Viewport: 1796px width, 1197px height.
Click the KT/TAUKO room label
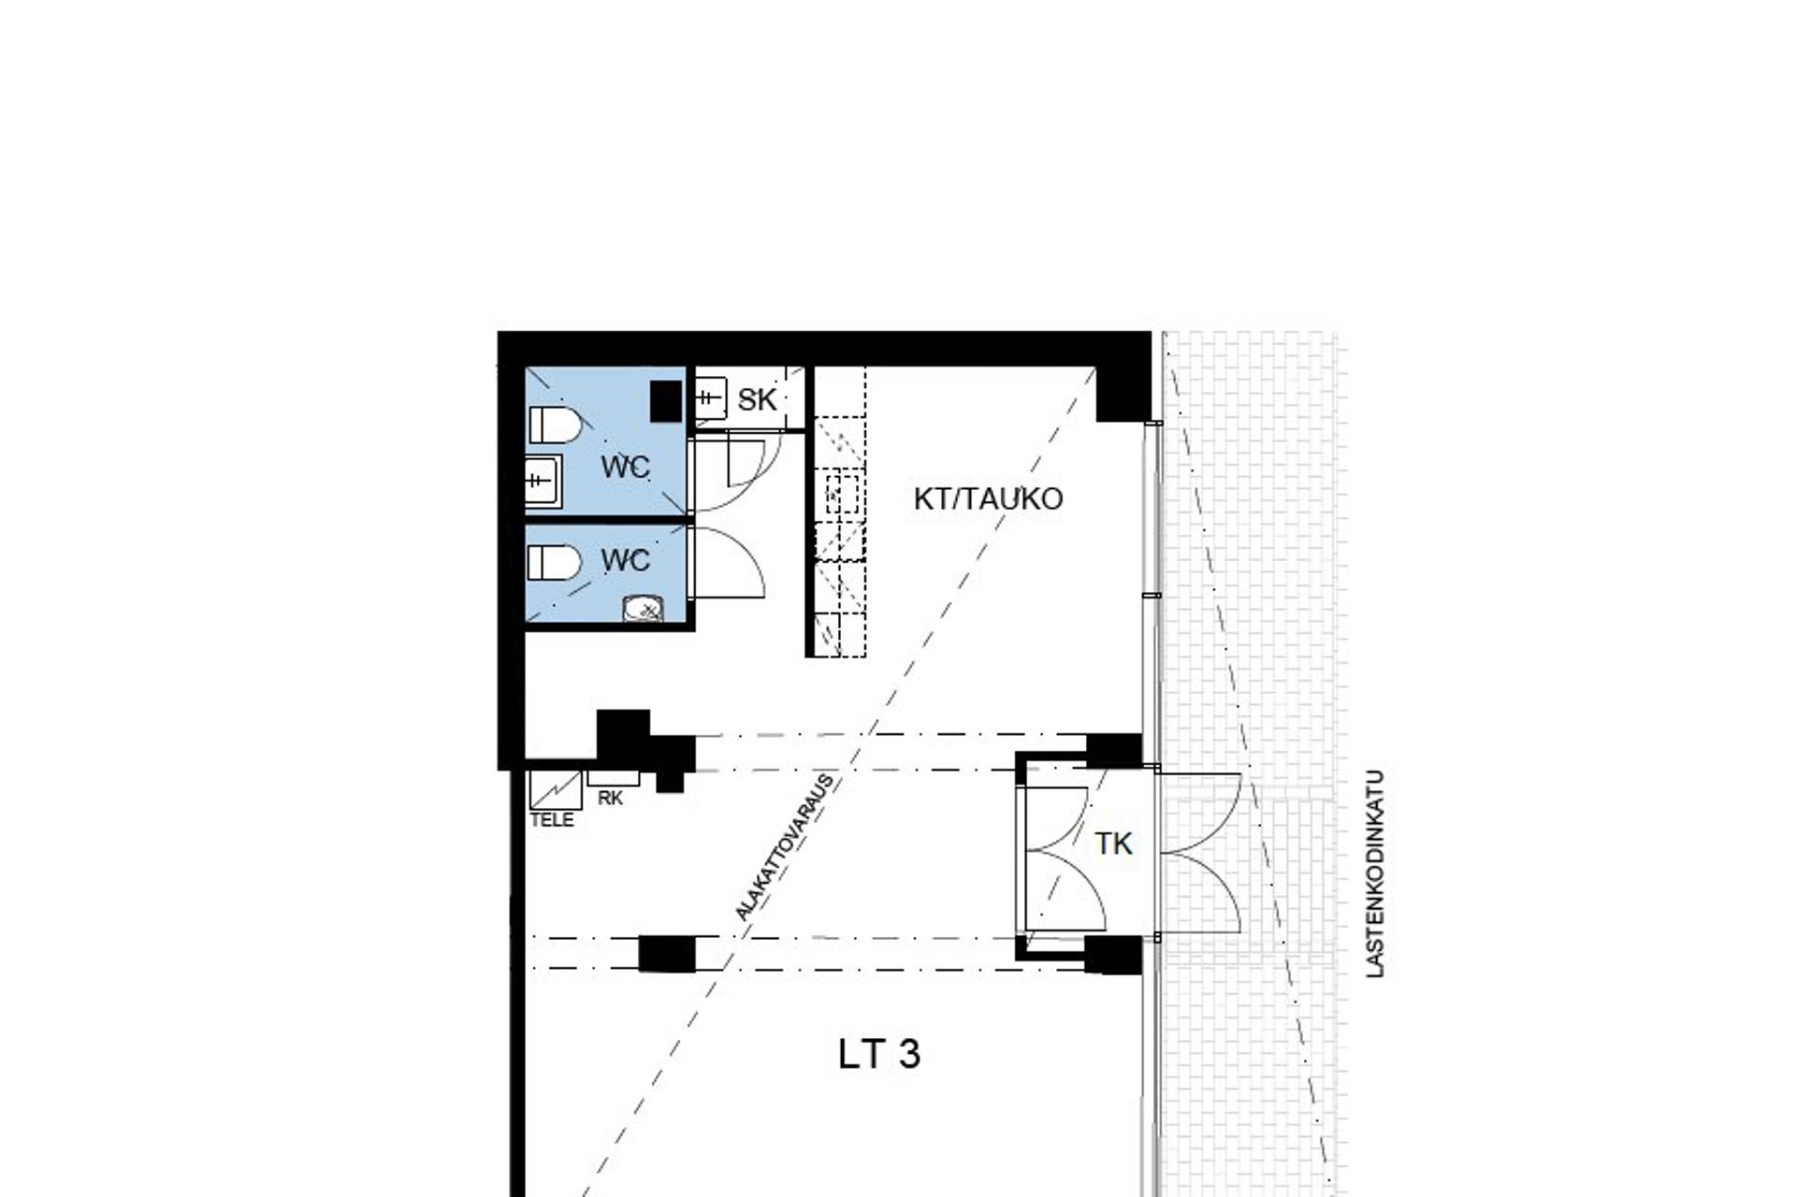coord(988,498)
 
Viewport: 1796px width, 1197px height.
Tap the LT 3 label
coord(878,1054)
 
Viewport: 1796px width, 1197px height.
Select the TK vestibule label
coord(1113,844)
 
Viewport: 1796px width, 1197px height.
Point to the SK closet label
coord(757,400)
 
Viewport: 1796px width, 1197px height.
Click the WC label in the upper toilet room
coord(625,467)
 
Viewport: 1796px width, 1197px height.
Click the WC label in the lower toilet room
coord(625,560)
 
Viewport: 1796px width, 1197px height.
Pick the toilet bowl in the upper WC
coord(556,425)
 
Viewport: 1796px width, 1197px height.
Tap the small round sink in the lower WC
coord(643,610)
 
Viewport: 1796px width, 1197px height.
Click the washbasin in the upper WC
coord(542,481)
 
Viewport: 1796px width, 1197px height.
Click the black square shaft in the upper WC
coord(666,401)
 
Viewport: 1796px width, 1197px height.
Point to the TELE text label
coord(552,820)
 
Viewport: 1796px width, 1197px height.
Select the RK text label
coord(610,799)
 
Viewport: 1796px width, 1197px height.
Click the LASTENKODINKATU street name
coord(1374,874)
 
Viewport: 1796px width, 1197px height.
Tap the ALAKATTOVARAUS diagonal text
coord(784,847)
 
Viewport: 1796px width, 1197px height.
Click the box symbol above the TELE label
coord(556,790)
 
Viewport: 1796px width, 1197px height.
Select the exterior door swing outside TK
coord(1202,853)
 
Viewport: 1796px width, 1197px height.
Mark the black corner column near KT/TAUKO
coord(1122,393)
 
